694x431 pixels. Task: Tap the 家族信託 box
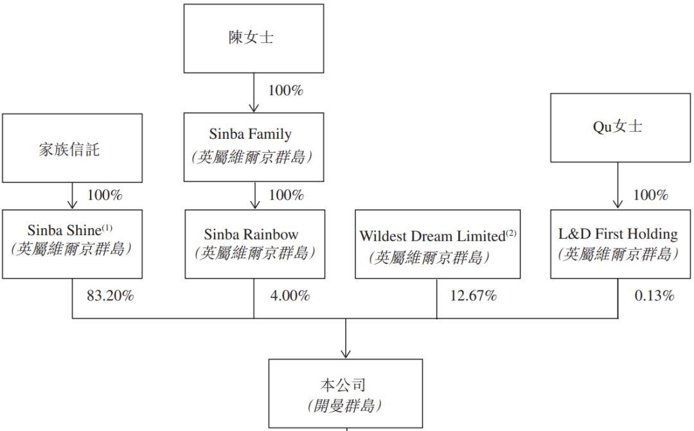tap(72, 148)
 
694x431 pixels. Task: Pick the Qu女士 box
tap(618, 127)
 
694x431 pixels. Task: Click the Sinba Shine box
tap(72, 243)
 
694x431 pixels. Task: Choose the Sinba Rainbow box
tap(253, 243)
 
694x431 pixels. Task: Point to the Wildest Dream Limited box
tap(437, 244)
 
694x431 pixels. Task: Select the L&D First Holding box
tap(618, 243)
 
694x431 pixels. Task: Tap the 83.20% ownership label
tap(111, 296)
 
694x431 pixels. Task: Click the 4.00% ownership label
tap(290, 296)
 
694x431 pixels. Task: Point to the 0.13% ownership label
tap(654, 296)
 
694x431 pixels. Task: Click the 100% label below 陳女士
tap(285, 91)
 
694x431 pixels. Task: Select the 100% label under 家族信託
tap(105, 195)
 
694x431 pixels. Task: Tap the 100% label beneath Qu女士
tap(650, 195)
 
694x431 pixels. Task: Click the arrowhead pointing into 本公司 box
tap(346, 354)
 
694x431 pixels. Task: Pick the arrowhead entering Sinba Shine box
tap(73, 204)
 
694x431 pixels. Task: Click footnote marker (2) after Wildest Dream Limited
tap(511, 233)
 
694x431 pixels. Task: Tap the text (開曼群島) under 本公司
tap(345, 405)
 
